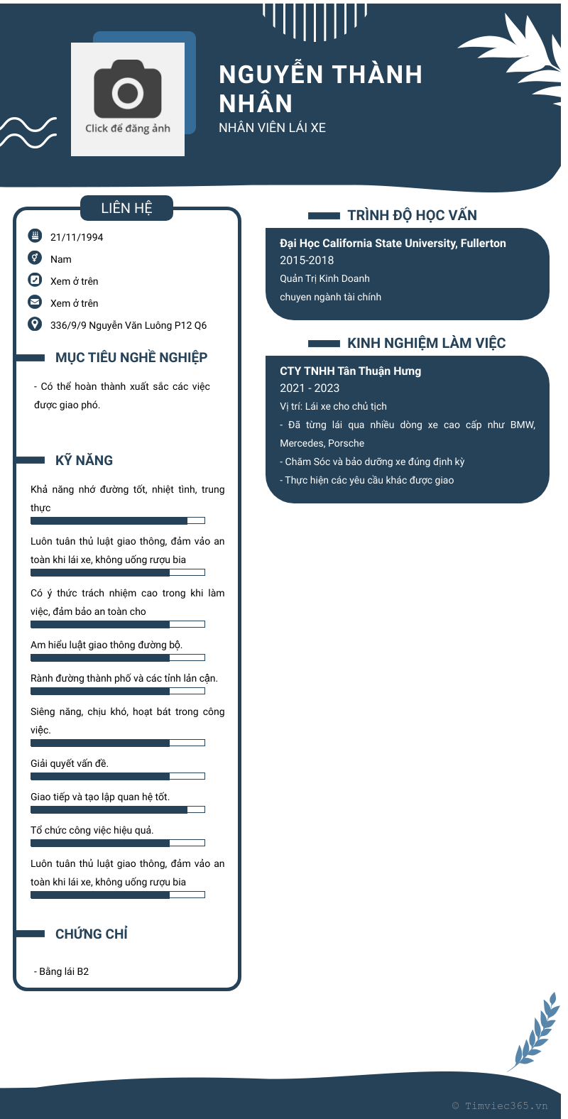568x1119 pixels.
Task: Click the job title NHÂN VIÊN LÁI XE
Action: [x=272, y=128]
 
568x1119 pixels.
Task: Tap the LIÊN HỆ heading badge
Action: [x=126, y=208]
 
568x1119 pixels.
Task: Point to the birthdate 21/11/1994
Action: [x=77, y=237]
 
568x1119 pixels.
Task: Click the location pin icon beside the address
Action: [x=35, y=324]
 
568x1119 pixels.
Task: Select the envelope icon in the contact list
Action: [x=35, y=302]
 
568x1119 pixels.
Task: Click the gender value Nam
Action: [x=61, y=259]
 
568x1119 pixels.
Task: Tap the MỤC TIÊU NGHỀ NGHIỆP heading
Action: [x=131, y=358]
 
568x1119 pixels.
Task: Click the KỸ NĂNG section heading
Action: [x=84, y=460]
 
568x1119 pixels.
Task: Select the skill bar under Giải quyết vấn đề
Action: [x=118, y=776]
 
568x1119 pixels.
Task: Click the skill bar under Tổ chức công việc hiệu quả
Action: [x=118, y=843]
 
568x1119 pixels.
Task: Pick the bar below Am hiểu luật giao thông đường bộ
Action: [x=118, y=657]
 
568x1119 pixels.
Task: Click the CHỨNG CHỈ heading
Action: [x=92, y=934]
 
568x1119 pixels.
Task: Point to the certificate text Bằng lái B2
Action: [x=64, y=971]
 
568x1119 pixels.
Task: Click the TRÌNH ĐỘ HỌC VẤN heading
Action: [x=412, y=215]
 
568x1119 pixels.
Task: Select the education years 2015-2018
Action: [x=307, y=261]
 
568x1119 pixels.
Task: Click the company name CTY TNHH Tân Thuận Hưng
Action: [x=350, y=371]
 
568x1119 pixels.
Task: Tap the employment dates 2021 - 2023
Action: [x=310, y=388]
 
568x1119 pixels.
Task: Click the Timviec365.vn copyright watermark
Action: [x=500, y=1106]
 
